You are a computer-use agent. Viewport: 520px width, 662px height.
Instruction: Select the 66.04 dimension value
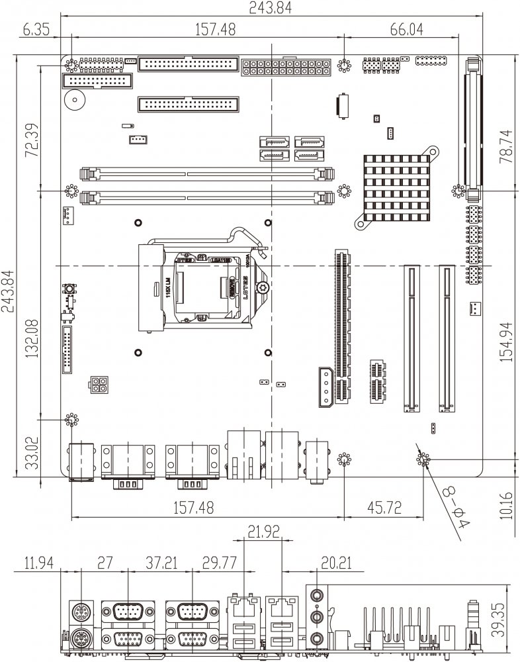(x=406, y=30)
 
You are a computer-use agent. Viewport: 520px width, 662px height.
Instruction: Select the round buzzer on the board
(x=74, y=101)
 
